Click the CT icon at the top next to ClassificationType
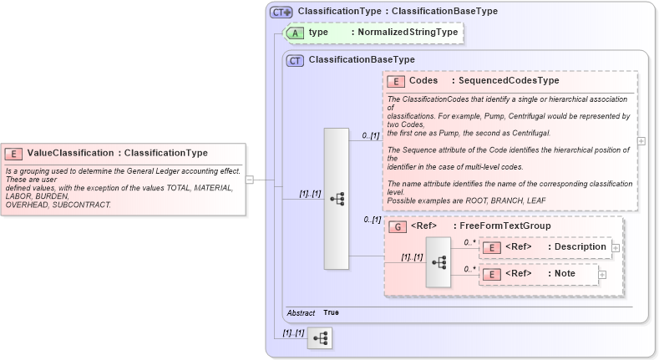point(281,12)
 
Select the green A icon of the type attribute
point(295,33)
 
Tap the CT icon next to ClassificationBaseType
point(295,60)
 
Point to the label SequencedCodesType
point(504,81)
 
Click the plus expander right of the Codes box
point(641,141)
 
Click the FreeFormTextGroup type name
point(501,226)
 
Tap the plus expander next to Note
point(601,274)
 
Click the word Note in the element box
point(565,274)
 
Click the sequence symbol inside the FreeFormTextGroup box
point(438,261)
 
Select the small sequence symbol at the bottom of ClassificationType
point(320,337)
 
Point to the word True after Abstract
point(332,312)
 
